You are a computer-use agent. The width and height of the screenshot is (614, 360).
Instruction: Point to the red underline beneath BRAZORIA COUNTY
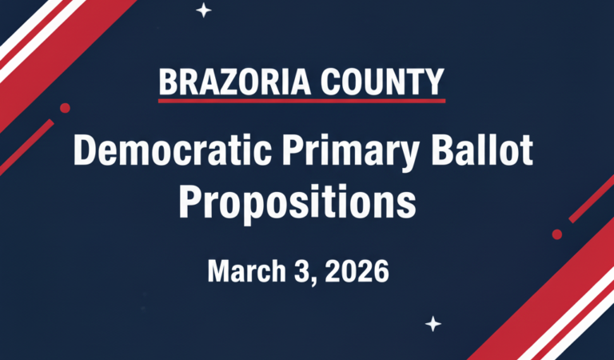click(301, 101)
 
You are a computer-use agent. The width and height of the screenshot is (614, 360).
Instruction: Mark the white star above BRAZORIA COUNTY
click(204, 10)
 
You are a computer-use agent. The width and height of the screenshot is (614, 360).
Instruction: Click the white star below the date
click(433, 323)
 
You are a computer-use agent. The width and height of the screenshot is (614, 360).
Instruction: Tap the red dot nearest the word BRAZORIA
click(65, 108)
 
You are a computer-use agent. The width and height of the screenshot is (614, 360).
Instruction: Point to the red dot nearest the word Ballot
click(557, 234)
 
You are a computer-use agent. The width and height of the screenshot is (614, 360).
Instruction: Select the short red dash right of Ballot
click(592, 198)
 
